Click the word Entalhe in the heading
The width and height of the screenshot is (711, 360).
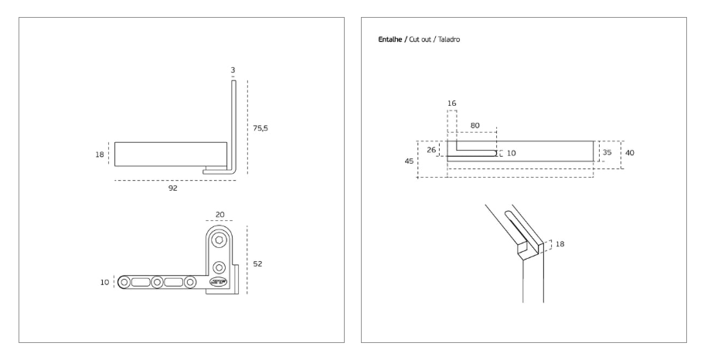click(x=390, y=39)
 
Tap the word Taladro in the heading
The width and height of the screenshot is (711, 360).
click(x=449, y=39)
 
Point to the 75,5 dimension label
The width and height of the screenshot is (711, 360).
click(x=260, y=128)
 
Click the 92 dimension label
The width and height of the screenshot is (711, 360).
click(x=173, y=188)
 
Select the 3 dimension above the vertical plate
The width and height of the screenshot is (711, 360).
click(x=233, y=70)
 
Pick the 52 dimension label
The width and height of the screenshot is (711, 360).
click(x=257, y=264)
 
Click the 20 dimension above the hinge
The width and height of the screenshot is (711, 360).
click(x=220, y=215)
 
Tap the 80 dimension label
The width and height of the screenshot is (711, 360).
click(x=475, y=126)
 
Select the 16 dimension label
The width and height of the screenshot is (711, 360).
click(x=451, y=104)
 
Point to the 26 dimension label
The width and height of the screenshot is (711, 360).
click(x=431, y=150)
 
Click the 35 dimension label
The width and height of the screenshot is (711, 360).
click(x=607, y=152)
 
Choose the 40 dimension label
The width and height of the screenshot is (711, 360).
click(x=630, y=153)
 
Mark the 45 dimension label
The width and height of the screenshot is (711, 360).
click(x=409, y=161)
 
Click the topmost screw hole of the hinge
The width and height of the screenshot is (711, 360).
click(x=219, y=239)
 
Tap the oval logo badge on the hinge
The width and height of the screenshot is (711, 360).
click(x=219, y=282)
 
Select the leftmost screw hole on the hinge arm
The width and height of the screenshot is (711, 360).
click(x=124, y=283)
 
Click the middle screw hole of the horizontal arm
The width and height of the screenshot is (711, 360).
click(x=157, y=283)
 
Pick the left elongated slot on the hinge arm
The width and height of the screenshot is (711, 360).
click(x=141, y=283)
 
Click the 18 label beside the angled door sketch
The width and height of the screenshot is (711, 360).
click(x=560, y=244)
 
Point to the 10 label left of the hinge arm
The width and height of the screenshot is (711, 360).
click(x=105, y=283)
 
